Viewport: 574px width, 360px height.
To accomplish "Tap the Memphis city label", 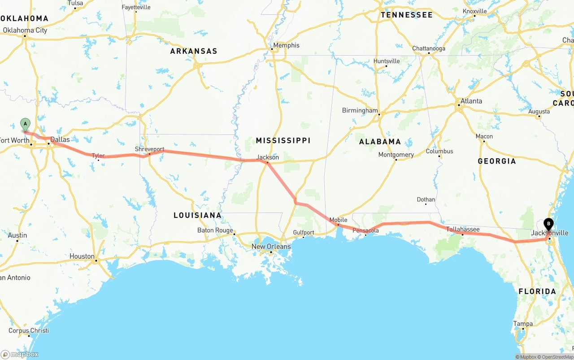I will (286, 45).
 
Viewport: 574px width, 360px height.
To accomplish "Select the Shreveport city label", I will (149, 149).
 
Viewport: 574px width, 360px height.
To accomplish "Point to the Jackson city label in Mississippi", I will (268, 157).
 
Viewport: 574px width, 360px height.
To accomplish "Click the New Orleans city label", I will (271, 247).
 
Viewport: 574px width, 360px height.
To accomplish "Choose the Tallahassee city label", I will (463, 230).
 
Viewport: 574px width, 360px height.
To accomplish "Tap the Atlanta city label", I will (471, 101).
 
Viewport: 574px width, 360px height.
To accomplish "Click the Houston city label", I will (82, 256).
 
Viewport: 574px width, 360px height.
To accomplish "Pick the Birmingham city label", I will (360, 110).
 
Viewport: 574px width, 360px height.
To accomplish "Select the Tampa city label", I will (523, 324).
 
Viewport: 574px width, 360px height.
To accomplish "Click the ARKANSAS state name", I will (193, 51).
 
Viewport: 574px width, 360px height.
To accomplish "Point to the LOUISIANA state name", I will (197, 215).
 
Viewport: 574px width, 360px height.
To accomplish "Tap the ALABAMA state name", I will (380, 142).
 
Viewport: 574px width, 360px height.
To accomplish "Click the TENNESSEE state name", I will (407, 15).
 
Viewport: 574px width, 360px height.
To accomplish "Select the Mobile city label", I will (338, 220).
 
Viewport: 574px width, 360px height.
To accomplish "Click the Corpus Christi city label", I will (29, 331).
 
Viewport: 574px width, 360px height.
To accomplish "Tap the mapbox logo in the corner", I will (20, 354).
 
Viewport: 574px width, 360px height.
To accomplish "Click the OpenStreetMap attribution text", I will (556, 357).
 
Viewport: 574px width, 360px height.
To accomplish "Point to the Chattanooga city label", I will (429, 48).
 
